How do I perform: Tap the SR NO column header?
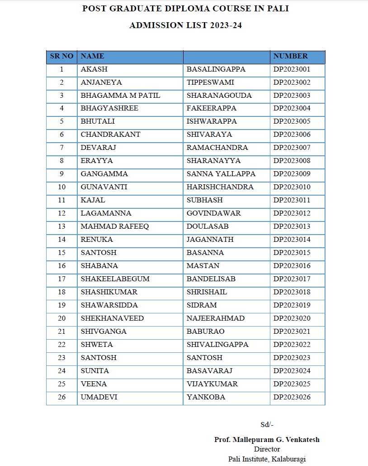click(x=61, y=56)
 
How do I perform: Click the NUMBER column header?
click(x=290, y=56)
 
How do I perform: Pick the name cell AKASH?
click(x=94, y=69)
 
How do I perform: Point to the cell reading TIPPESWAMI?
click(x=210, y=82)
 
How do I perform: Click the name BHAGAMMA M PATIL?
click(x=120, y=96)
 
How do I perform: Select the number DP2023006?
click(x=292, y=135)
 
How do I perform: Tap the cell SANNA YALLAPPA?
click(x=221, y=174)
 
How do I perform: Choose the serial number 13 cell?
click(x=61, y=226)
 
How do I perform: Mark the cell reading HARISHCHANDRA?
click(x=220, y=187)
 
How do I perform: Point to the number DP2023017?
click(x=292, y=279)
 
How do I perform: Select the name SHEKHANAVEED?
click(x=112, y=318)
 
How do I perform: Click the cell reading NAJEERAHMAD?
click(x=215, y=318)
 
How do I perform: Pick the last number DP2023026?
click(x=292, y=397)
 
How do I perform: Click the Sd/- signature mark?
click(x=267, y=425)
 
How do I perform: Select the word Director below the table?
click(x=267, y=449)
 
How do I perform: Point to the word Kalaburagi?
click(x=289, y=459)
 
